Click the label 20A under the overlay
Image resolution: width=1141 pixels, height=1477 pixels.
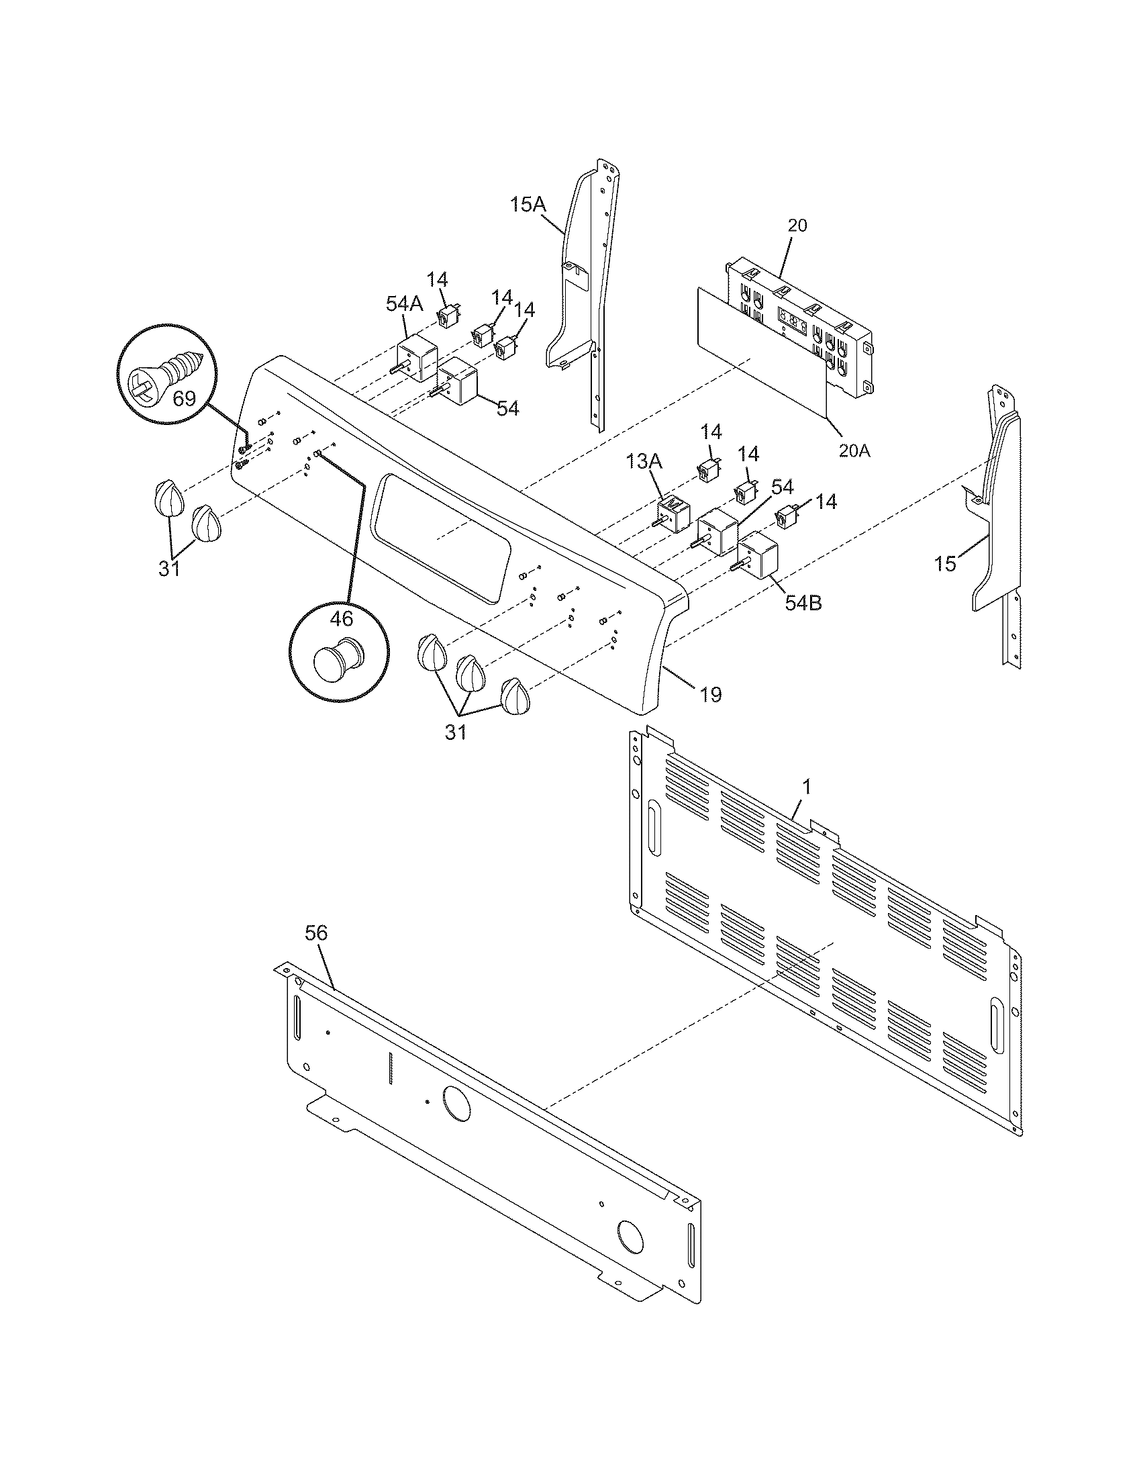tap(854, 450)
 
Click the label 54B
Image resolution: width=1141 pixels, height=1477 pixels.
tap(803, 603)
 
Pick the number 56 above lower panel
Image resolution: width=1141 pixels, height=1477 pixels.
tap(315, 933)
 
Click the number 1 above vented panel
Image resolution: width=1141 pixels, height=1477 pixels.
tap(805, 788)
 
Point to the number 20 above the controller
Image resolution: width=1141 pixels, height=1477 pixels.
tap(797, 226)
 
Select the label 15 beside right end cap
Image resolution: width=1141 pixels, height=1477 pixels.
tap(946, 563)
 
